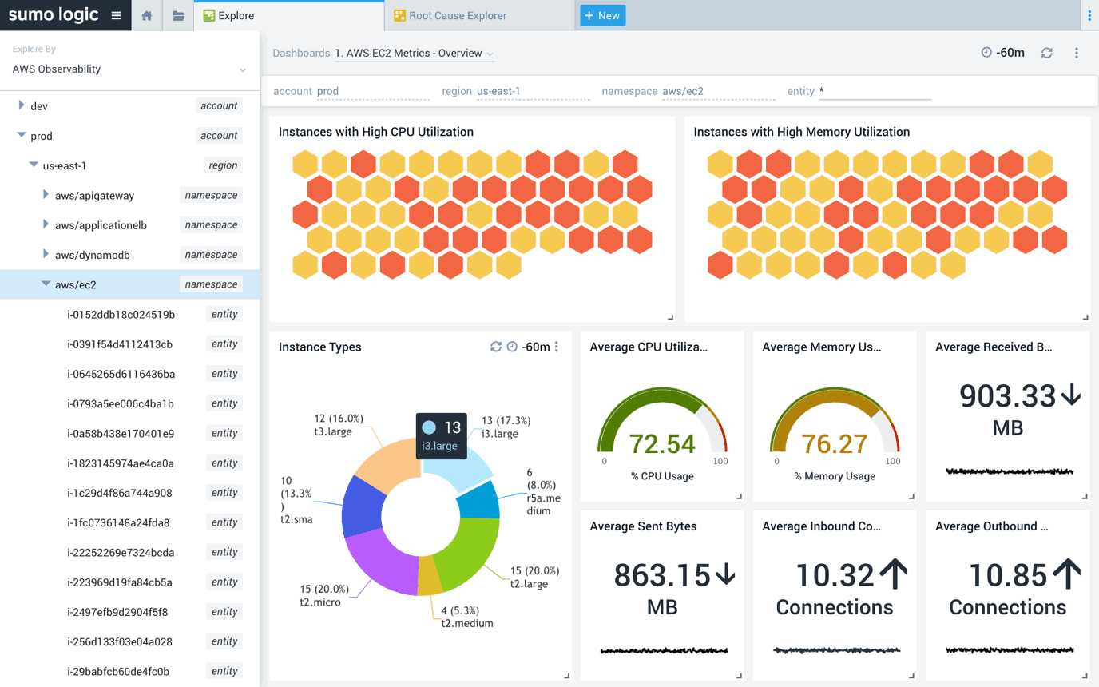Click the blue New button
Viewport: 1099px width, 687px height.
click(602, 15)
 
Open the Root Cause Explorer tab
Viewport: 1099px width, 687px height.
click(458, 15)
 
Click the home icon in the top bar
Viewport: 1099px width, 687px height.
click(146, 15)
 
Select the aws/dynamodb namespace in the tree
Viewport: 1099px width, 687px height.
click(92, 255)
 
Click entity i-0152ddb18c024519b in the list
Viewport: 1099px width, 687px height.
click(121, 315)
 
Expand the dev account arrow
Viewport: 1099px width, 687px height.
click(22, 105)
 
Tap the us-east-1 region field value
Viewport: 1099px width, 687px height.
click(498, 91)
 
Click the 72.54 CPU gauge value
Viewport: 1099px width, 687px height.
click(661, 443)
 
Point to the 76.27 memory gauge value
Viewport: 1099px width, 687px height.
click(834, 443)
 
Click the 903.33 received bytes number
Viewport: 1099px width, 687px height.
click(1006, 395)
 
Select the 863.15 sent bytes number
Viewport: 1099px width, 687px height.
click(661, 575)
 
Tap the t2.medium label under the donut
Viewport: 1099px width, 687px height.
click(467, 623)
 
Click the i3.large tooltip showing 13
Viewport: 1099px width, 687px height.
click(439, 436)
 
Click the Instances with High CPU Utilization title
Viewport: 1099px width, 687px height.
click(375, 132)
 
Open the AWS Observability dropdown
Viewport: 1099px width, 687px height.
click(128, 69)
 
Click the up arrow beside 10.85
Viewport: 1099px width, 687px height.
click(1066, 574)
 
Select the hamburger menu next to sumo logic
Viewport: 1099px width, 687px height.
click(117, 15)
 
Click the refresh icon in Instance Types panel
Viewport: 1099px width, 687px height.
click(496, 347)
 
